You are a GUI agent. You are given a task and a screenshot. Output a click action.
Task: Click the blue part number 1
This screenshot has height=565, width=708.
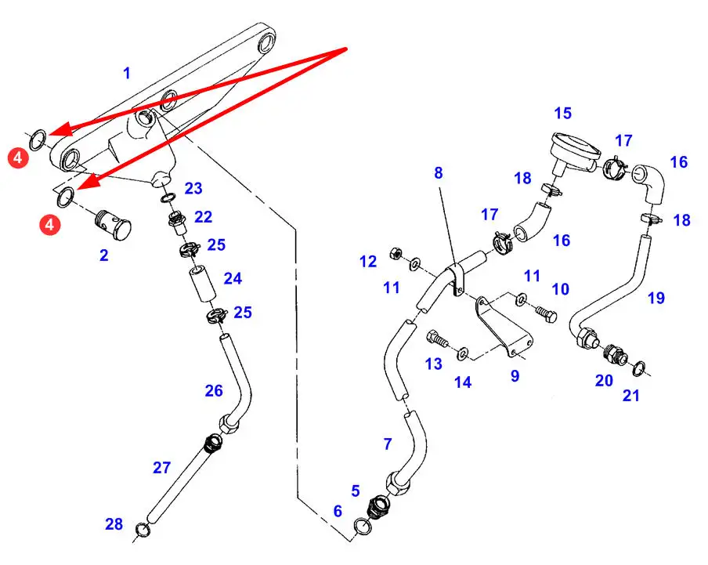[127, 74]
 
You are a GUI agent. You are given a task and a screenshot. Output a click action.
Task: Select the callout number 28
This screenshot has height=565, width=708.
[114, 524]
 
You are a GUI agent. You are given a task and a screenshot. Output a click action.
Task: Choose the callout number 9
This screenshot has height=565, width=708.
[515, 376]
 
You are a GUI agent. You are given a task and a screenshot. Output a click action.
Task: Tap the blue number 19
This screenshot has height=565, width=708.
[656, 298]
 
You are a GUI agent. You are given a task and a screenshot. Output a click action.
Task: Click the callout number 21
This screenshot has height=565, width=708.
[631, 396]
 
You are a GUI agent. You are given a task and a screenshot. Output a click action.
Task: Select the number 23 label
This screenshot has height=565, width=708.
[193, 188]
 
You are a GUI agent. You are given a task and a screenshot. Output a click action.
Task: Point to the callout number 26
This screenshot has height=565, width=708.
[214, 390]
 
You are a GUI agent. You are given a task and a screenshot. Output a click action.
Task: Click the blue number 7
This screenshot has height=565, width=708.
[387, 445]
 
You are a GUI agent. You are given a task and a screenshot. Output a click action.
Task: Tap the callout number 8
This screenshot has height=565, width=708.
[439, 172]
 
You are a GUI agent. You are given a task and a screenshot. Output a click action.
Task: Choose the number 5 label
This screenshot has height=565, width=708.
[356, 491]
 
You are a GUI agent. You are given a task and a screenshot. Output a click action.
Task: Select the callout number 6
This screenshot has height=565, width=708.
[338, 511]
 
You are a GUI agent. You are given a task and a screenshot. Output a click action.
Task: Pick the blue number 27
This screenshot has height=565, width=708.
[161, 468]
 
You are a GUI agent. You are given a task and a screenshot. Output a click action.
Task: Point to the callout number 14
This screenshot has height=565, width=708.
[464, 382]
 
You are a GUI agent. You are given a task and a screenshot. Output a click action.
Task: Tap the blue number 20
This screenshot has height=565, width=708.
[603, 380]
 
